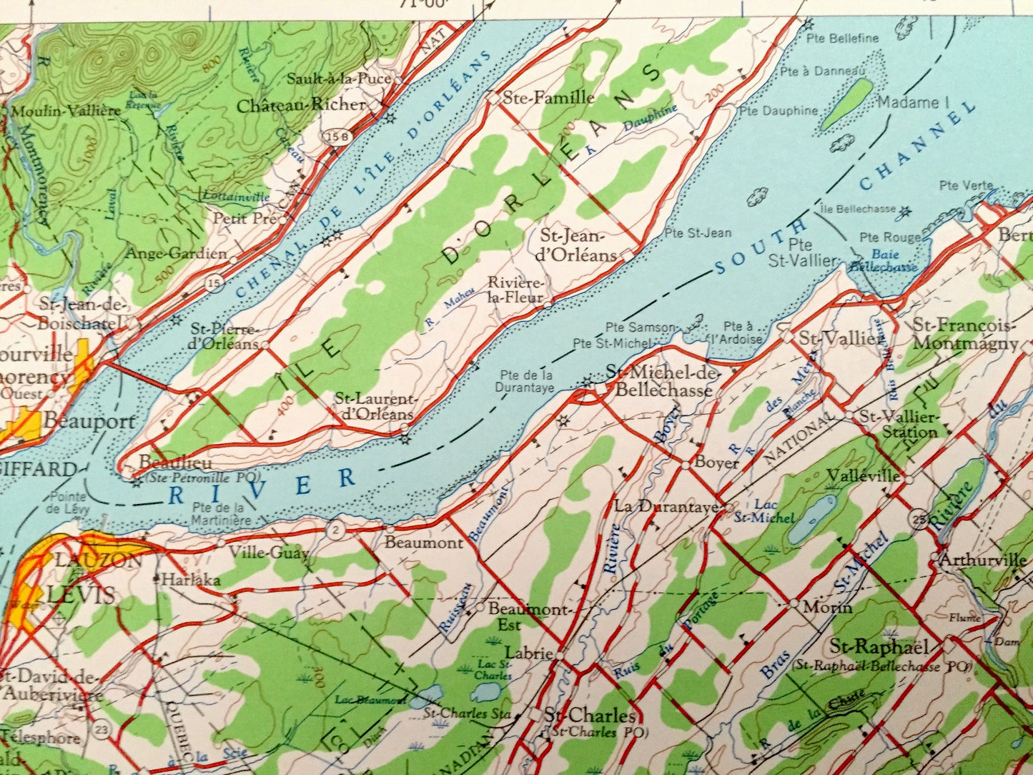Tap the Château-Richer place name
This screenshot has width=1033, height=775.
click(301, 105)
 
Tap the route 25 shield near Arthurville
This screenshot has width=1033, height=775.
click(918, 518)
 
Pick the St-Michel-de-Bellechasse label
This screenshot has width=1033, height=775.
click(658, 380)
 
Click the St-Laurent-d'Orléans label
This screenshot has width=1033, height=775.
click(375, 406)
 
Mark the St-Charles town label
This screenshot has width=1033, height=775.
click(589, 716)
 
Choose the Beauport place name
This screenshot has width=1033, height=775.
click(89, 421)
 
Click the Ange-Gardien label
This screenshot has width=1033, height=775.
click(176, 253)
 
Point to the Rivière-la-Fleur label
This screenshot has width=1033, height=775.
click(515, 290)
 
